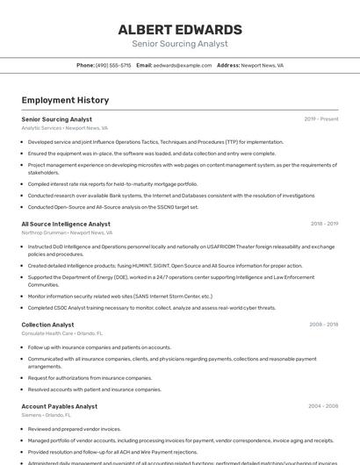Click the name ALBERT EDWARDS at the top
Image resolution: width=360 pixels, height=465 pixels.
(180, 30)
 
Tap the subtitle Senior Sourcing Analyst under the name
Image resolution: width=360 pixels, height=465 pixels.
(180, 44)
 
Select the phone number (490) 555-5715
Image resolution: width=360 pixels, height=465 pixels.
(113, 65)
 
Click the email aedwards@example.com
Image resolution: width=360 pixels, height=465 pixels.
(183, 65)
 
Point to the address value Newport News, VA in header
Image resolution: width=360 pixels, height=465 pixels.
(262, 65)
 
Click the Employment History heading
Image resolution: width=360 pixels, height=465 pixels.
(65, 101)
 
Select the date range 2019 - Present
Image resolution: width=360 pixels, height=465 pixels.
(320, 119)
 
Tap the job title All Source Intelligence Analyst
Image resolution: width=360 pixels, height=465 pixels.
(66, 224)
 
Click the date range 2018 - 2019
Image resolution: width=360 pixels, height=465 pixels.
(323, 224)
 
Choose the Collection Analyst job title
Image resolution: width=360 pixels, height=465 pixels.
(47, 325)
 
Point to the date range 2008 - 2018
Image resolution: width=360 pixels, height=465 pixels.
(323, 325)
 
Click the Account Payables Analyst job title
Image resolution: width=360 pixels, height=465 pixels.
(59, 406)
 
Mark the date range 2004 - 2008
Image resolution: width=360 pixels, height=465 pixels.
(323, 406)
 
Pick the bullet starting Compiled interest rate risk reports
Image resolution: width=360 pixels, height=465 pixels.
(112, 184)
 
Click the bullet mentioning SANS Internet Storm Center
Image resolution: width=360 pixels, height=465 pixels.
(119, 297)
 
